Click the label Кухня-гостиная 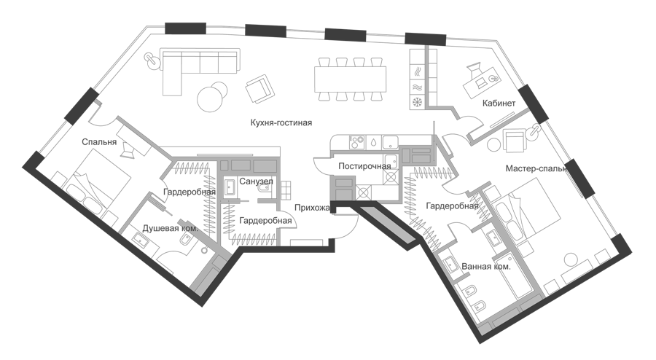point(281,123)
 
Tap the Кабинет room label point(499,103)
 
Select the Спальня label point(99,142)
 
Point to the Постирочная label point(364,166)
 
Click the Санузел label point(256,181)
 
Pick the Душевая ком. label point(171,229)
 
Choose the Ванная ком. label point(486,266)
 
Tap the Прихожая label point(313,208)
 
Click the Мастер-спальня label point(536,169)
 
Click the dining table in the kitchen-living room point(351,79)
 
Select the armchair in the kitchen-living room point(259,89)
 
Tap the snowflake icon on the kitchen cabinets point(418,101)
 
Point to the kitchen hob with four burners point(357,142)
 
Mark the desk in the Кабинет point(482,84)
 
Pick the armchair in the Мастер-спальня point(514,140)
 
